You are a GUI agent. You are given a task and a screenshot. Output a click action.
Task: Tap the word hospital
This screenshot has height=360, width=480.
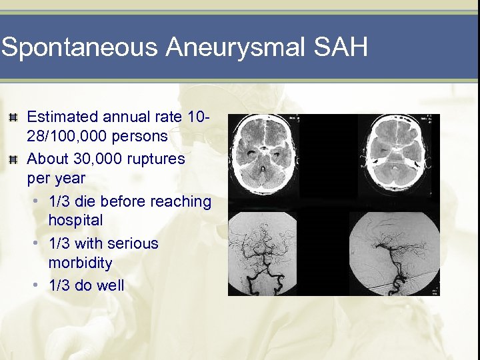coord(75,220)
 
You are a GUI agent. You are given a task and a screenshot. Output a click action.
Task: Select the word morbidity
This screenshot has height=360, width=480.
coord(80,263)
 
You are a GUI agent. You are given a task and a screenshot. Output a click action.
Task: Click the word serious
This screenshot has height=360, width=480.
coord(132,243)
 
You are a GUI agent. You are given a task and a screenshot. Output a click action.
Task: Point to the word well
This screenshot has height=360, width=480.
coord(109,285)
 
